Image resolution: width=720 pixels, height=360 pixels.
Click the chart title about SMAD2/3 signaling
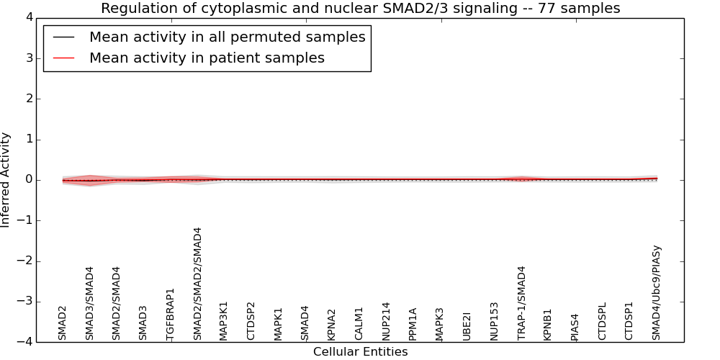tap(360, 8)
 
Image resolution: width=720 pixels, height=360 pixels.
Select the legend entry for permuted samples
tap(227, 37)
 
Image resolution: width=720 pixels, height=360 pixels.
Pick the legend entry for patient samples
tap(207, 58)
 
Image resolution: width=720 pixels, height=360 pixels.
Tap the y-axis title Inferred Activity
tap(6, 180)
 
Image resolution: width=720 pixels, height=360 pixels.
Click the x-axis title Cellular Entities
tap(360, 352)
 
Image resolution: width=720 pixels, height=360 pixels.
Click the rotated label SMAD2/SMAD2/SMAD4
tap(197, 284)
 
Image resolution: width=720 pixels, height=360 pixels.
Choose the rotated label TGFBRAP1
tap(171, 314)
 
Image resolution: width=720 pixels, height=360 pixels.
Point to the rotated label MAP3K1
tap(224, 320)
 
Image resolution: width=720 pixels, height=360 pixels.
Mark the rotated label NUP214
tap(386, 321)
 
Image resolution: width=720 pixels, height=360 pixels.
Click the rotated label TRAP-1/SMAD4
tap(521, 302)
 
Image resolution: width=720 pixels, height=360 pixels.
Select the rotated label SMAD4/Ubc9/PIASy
tap(656, 293)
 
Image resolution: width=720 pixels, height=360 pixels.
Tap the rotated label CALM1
tap(359, 323)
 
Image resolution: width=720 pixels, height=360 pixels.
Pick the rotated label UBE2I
tap(467, 326)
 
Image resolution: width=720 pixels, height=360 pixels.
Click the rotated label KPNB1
tap(548, 324)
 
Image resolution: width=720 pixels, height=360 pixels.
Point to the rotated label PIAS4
tap(575, 327)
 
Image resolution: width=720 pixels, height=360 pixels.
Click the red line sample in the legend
tap(63, 58)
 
